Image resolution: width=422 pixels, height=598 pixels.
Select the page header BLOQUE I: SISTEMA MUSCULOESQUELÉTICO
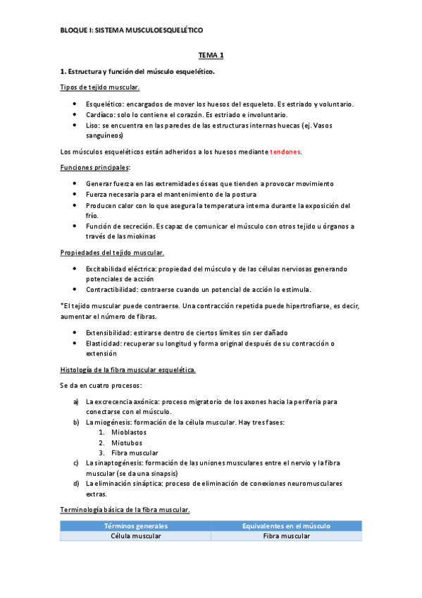[x=130, y=30]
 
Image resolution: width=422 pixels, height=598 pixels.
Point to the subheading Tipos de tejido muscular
[x=100, y=87]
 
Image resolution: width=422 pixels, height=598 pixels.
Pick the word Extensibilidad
[x=110, y=333]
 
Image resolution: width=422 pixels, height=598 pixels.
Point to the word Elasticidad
[x=105, y=343]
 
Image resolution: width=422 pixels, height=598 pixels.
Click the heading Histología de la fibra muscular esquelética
[x=128, y=370]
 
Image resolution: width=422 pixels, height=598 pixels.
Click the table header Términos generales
[x=135, y=526]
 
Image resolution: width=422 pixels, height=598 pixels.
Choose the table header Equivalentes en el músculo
[x=286, y=526]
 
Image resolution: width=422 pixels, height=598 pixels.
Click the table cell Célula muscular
[x=135, y=536]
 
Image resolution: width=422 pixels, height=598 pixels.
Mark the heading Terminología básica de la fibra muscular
[x=124, y=509]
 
